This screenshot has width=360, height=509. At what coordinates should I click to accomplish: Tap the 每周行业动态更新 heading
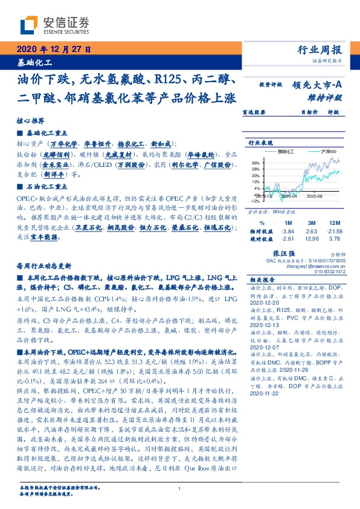[x=43, y=266]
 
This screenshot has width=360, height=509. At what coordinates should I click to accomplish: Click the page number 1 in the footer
[x=180, y=489]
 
